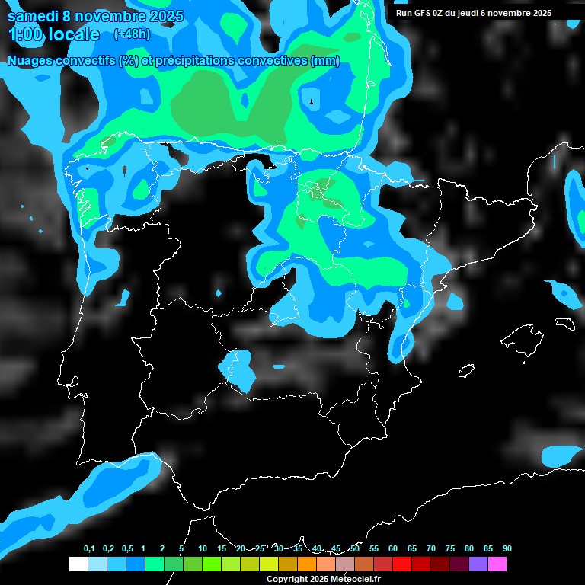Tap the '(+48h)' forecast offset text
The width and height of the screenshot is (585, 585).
coord(133,34)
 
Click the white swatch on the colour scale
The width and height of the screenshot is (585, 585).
coord(78,564)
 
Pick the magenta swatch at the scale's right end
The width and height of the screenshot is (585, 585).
coord(497,564)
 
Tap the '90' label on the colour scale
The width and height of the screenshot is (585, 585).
coord(507,548)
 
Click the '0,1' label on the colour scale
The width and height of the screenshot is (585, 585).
coord(89,548)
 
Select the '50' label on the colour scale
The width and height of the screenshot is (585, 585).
coord(355,548)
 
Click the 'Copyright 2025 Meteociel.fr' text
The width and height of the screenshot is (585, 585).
coord(323,579)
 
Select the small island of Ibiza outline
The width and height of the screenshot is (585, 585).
coord(466,370)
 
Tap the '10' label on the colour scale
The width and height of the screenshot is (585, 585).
coord(203,548)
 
